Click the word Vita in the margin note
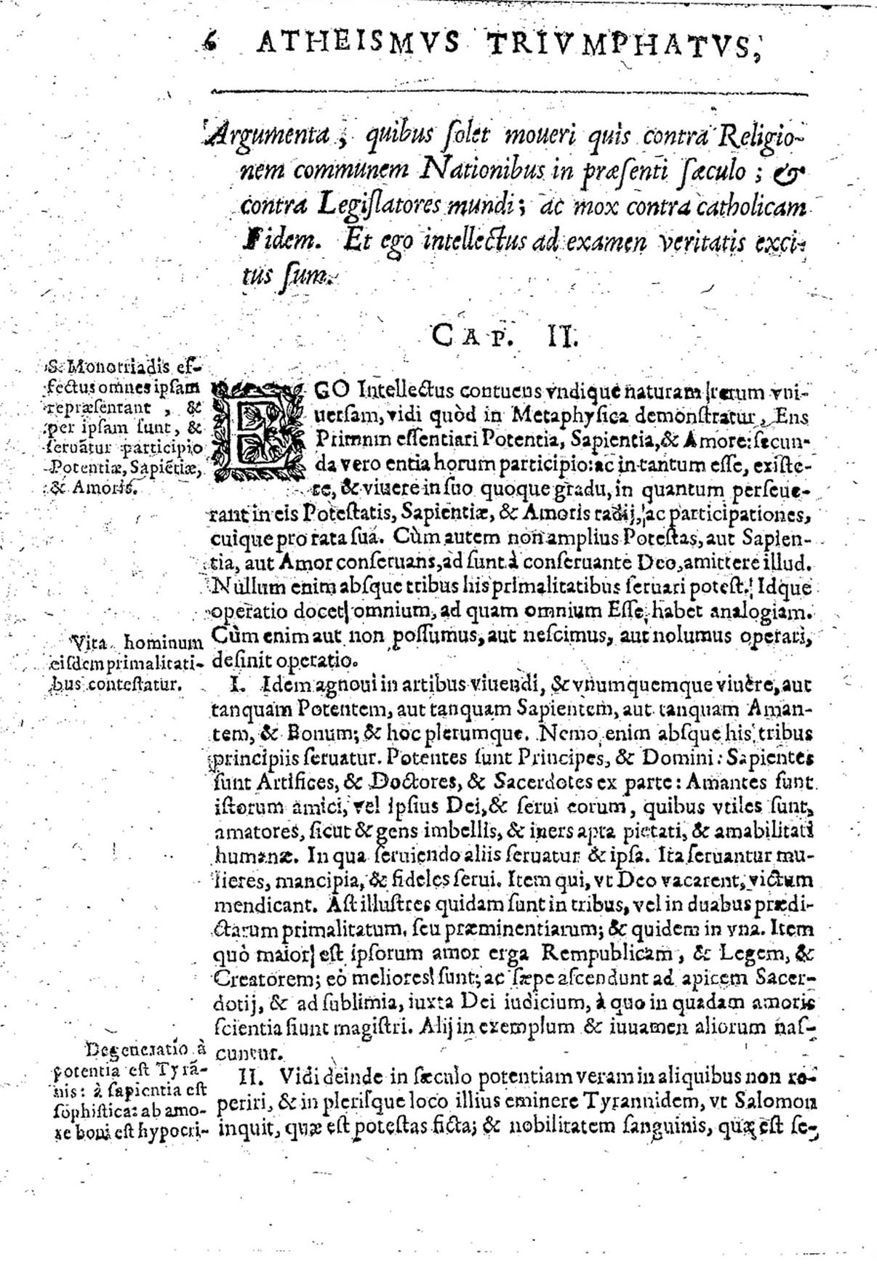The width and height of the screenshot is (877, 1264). tap(89, 642)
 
